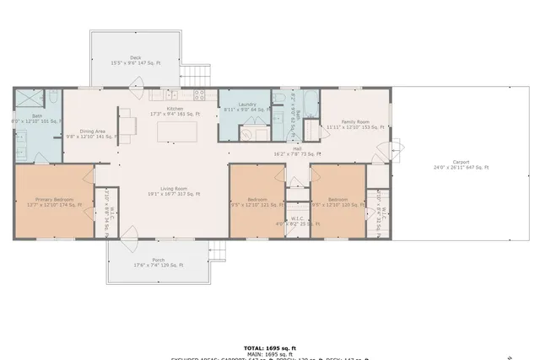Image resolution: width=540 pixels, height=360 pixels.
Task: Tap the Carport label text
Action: [x=461, y=164]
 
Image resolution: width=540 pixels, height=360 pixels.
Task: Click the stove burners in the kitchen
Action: [x=200, y=94]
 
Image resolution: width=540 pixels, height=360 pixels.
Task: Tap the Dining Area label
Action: [x=93, y=133]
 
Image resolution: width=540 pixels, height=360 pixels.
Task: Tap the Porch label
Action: [x=158, y=262]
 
